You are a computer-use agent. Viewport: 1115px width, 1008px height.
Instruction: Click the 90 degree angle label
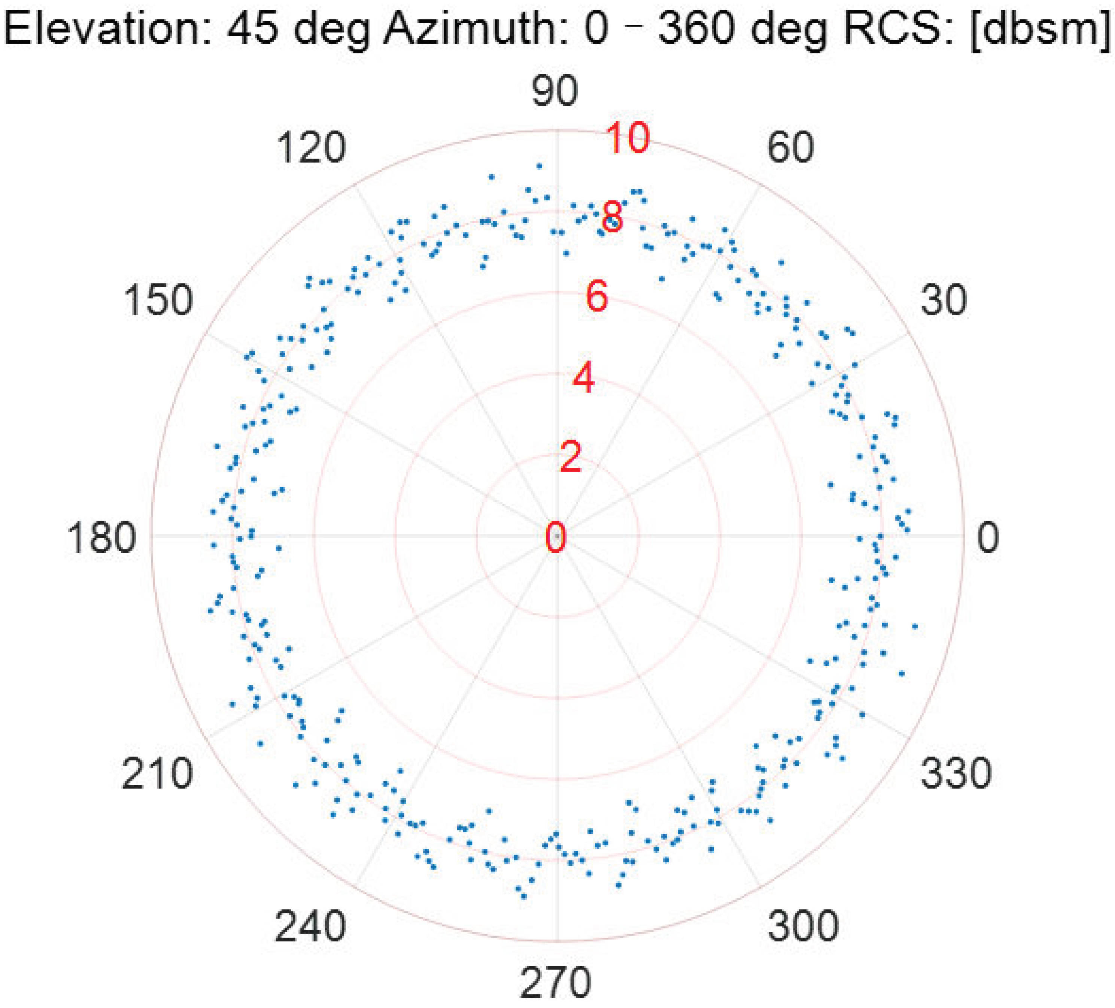pos(555,91)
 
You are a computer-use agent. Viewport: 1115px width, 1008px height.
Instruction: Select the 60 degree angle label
pos(791,147)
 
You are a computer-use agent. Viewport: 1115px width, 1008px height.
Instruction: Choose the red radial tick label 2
pos(571,457)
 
